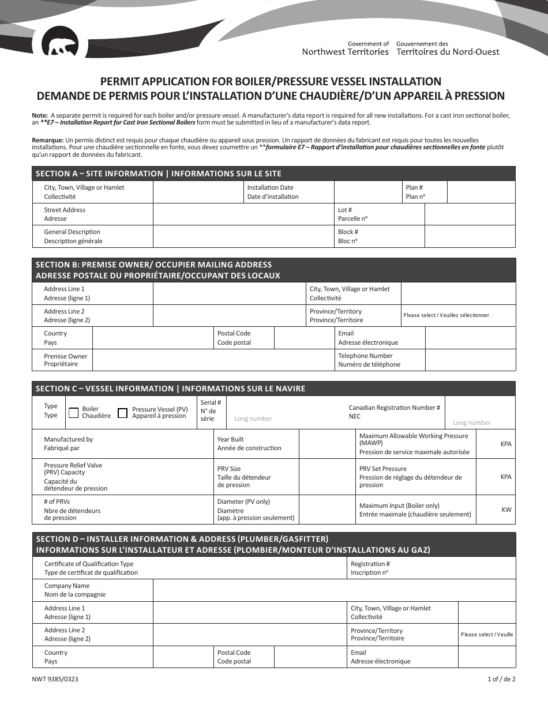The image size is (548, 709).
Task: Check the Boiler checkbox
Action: (73, 413)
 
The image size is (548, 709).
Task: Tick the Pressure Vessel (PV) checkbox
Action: (122, 413)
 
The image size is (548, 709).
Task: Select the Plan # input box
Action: (481, 192)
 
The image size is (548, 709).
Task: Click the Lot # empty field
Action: (470, 214)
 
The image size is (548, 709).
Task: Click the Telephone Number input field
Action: (470, 360)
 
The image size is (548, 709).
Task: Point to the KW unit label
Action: (506, 510)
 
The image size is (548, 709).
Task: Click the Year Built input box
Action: (326, 444)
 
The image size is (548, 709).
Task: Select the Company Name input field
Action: (334, 590)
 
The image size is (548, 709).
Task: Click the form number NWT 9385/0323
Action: (55, 679)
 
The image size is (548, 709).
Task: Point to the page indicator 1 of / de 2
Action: (501, 679)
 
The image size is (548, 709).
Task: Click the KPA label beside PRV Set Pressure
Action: (506, 477)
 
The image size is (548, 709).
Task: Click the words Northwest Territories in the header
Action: (345, 52)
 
